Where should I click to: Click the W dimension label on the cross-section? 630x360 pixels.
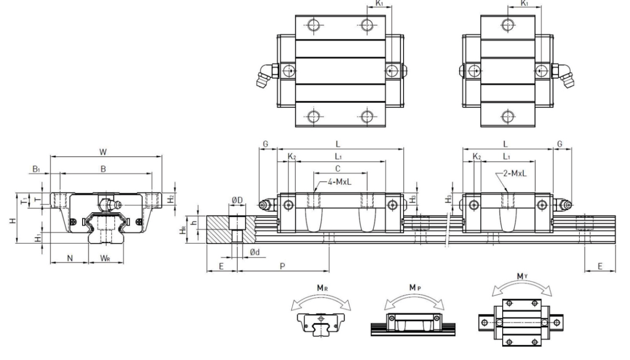[103, 152]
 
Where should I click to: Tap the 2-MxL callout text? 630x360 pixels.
[514, 173]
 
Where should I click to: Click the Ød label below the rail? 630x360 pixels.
[255, 252]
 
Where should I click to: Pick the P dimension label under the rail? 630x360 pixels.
[282, 266]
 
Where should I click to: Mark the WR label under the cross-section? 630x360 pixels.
[105, 258]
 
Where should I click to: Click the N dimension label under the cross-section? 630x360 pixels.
[69, 258]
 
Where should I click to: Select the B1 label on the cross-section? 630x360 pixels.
[37, 169]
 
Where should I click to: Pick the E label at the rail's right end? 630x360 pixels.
[600, 266]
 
